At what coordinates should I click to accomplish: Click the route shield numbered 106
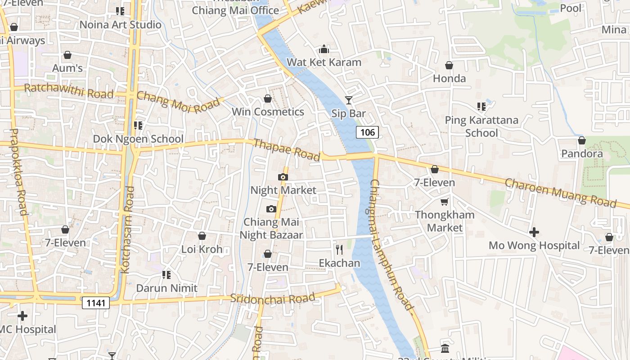click(x=368, y=132)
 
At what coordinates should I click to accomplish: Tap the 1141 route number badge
click(x=96, y=303)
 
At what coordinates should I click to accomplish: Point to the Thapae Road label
click(x=287, y=149)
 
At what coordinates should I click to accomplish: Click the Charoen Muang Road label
click(x=560, y=193)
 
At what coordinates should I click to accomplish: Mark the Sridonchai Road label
click(x=272, y=298)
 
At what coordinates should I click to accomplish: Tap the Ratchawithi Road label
click(x=68, y=91)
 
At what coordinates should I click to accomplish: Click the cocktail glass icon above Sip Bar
click(x=349, y=100)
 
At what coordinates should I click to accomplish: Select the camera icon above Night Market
click(x=283, y=177)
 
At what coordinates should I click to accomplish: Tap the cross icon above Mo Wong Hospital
click(x=534, y=232)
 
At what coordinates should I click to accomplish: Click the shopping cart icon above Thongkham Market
click(x=445, y=202)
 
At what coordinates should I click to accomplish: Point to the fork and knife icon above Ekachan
click(x=339, y=250)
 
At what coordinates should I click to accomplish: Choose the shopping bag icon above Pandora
click(x=582, y=140)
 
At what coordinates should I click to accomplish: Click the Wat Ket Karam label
click(x=324, y=62)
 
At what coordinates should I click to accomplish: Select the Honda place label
click(x=449, y=78)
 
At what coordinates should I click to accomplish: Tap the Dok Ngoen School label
click(x=138, y=139)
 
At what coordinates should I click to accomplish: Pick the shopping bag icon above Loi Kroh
click(x=202, y=236)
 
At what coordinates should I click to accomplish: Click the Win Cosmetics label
click(x=268, y=112)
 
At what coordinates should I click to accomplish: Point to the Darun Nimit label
click(x=166, y=288)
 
